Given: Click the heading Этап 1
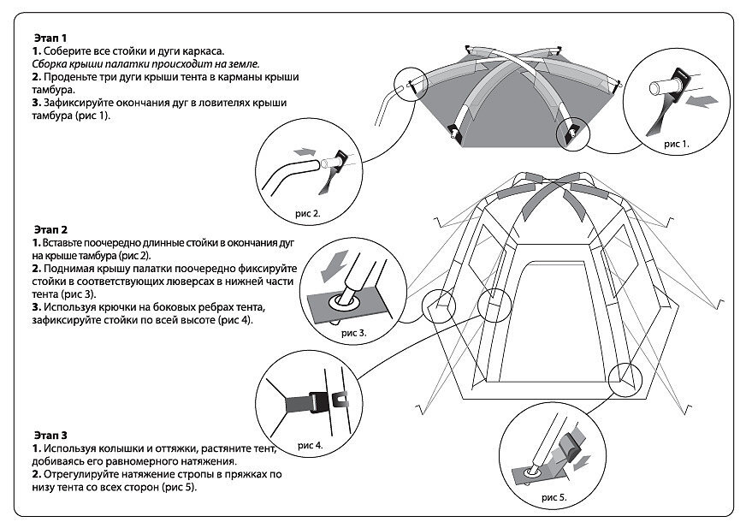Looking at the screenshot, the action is click(50, 38).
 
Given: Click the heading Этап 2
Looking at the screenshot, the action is click(51, 230).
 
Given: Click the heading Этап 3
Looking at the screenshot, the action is click(51, 436).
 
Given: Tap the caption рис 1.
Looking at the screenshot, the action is click(676, 143).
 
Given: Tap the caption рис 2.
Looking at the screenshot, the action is click(307, 213).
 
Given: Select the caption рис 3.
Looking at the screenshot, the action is click(354, 333).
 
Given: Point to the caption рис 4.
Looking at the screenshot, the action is click(311, 445).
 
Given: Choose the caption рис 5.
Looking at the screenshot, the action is click(554, 497).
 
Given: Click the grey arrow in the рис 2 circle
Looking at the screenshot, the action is click(305, 151).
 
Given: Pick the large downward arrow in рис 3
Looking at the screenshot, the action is click(334, 268).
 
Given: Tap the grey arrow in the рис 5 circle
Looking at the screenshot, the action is click(582, 462).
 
